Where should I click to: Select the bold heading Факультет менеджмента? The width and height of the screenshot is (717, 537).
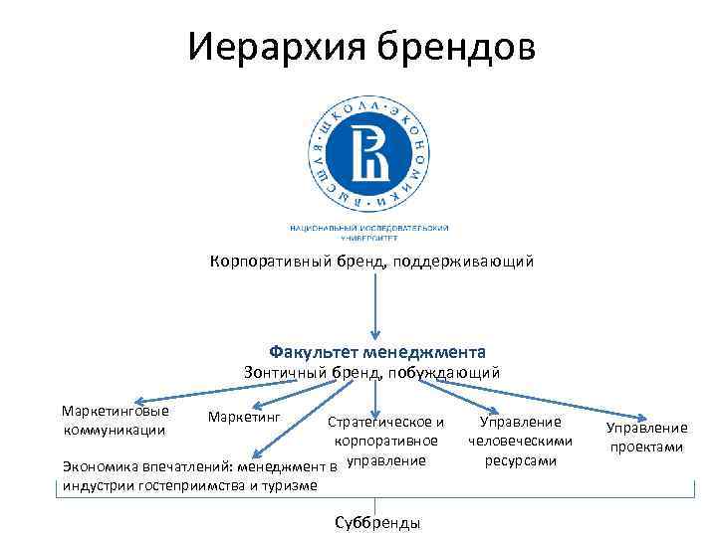pyautogui.click(x=377, y=352)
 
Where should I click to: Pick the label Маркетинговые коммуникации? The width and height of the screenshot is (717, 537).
pyautogui.click(x=115, y=420)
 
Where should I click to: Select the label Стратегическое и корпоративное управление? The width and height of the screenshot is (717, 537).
pyautogui.click(x=386, y=441)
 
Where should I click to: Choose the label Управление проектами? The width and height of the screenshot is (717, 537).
pyautogui.click(x=646, y=438)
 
